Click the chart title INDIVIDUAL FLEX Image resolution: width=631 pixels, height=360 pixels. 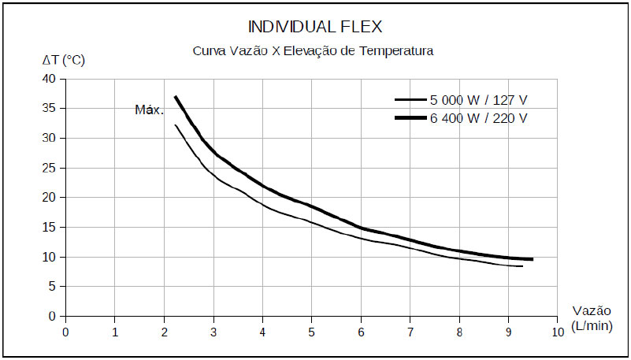[x=315, y=27]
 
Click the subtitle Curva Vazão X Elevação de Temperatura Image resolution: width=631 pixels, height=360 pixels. [x=314, y=51]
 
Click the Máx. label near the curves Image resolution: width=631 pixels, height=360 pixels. [x=149, y=110]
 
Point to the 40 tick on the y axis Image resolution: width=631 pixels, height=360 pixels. [x=50, y=79]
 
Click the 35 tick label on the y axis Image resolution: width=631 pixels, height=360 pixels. [x=50, y=109]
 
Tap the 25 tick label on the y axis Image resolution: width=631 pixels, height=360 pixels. [x=50, y=168]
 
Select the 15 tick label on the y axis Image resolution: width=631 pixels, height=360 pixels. [x=50, y=228]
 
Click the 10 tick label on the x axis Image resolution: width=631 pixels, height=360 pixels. [x=558, y=332]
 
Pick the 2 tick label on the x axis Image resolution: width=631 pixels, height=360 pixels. [x=164, y=332]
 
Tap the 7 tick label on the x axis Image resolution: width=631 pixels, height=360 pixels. [x=410, y=332]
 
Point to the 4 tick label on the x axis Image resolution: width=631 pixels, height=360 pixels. [x=262, y=332]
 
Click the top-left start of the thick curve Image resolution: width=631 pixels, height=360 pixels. [x=175, y=97]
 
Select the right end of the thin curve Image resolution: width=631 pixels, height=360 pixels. [x=522, y=266]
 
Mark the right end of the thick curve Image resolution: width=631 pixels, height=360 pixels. [x=533, y=259]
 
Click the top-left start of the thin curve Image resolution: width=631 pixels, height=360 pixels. [x=175, y=125]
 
